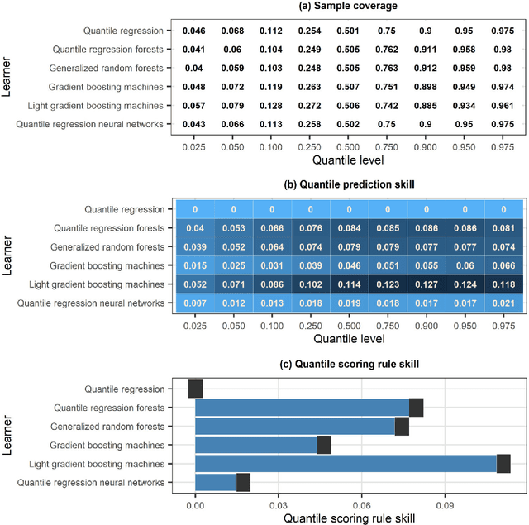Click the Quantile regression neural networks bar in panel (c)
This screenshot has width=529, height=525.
coord(216,483)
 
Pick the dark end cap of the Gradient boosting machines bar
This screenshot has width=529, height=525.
coord(324,445)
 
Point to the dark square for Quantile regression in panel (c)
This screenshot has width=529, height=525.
coord(195,389)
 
